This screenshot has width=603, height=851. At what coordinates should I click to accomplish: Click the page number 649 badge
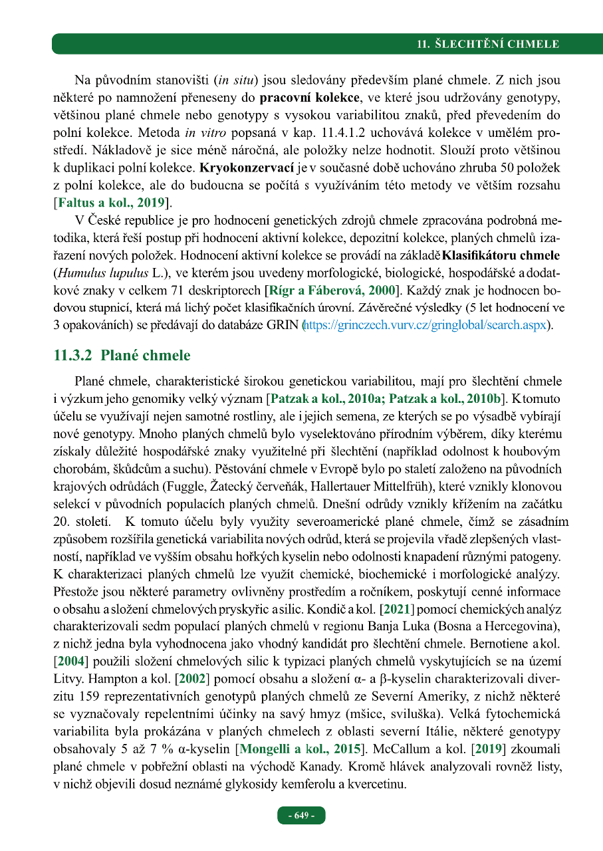301,815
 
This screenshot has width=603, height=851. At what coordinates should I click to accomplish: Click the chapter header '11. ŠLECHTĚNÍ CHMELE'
487,45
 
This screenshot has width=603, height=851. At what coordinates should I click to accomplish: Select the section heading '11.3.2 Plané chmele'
122,356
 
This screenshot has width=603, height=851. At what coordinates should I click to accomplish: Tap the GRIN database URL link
425,326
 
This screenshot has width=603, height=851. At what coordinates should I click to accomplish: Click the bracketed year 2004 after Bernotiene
71,661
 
